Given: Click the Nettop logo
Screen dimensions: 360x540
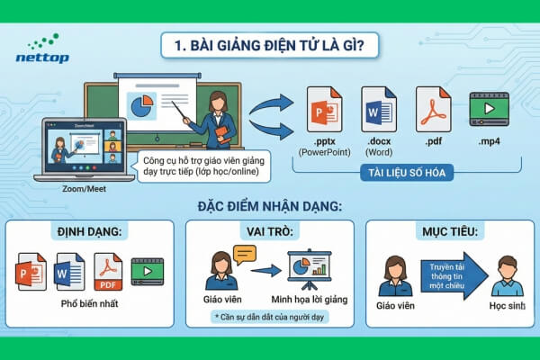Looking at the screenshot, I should coord(38,49).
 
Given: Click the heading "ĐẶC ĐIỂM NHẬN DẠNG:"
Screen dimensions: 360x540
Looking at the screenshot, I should coord(269,207).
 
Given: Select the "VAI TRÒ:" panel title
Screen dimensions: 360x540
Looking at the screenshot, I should coord(267,231).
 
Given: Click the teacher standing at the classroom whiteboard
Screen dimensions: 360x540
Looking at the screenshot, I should coord(216,117).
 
